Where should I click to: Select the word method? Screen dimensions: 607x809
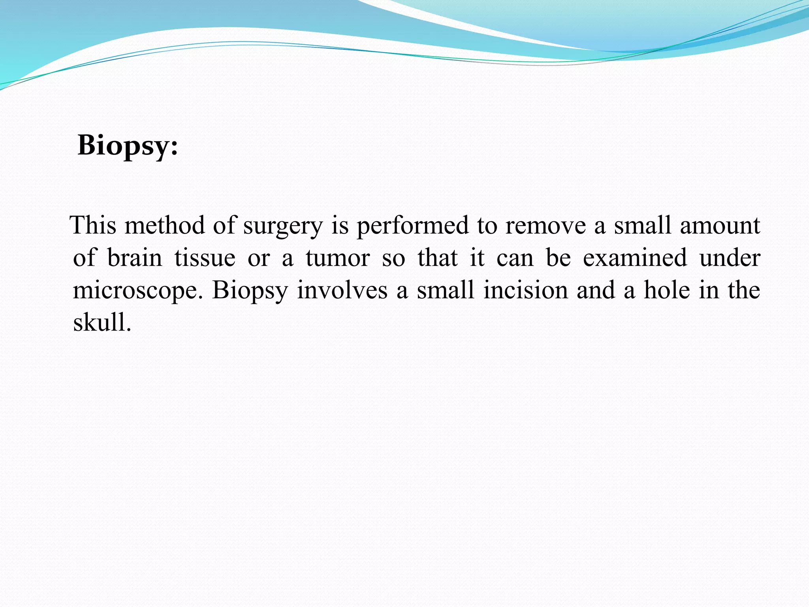tap(165, 225)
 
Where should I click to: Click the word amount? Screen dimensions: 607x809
tap(720, 225)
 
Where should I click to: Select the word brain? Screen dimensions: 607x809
tap(135, 258)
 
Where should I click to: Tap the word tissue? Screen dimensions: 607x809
tap(205, 258)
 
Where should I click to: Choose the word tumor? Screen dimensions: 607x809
tap(338, 258)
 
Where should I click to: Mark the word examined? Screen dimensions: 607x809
tap(635, 258)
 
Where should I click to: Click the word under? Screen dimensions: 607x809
tap(730, 258)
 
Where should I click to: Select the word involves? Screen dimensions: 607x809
tap(342, 290)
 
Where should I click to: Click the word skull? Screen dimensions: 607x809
tap(102, 322)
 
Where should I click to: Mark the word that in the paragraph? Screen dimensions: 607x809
tap(437, 258)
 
